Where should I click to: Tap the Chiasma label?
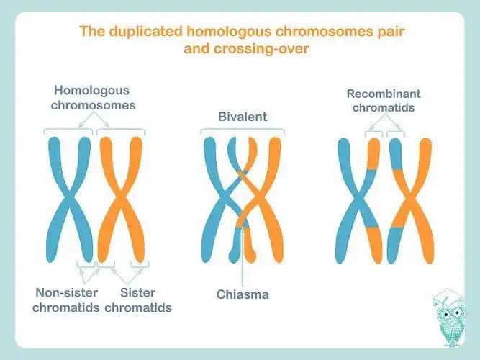(242, 294)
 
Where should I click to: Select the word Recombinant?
(384, 94)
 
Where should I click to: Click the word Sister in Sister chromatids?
(138, 293)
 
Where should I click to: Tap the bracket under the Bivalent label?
(242, 130)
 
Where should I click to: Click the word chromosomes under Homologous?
(95, 105)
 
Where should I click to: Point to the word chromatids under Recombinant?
(384, 108)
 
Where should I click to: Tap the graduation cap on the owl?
(446, 297)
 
